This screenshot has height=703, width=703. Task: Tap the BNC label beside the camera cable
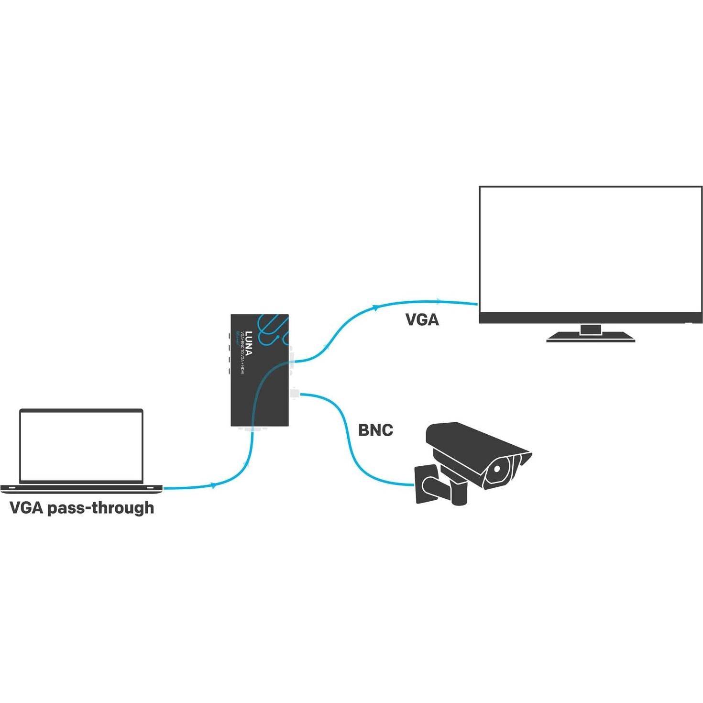(x=375, y=430)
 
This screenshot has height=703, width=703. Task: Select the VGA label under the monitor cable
(x=422, y=319)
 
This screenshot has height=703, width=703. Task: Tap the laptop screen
(x=81, y=446)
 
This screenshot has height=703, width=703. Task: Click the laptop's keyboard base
(x=81, y=488)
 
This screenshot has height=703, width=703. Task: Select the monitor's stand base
(x=591, y=338)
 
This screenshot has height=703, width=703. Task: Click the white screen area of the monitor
(x=591, y=249)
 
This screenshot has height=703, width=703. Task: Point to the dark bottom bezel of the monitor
(x=591, y=318)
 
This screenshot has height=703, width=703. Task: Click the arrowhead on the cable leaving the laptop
(x=213, y=485)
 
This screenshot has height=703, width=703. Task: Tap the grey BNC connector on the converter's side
(x=295, y=393)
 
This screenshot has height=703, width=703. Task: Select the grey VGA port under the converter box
(x=251, y=429)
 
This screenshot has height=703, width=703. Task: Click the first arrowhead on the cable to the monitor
(x=376, y=308)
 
